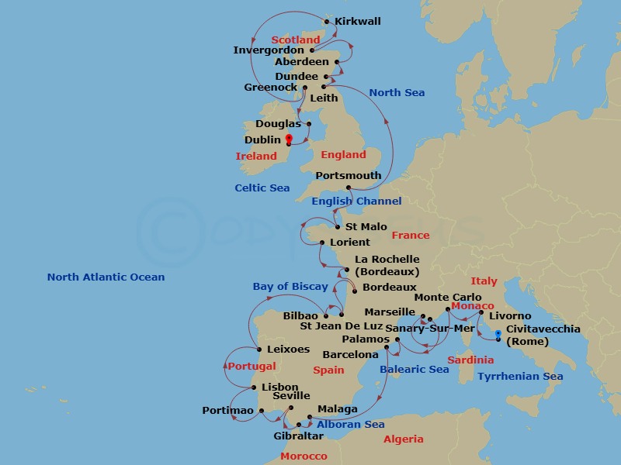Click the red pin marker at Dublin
tap(288, 139)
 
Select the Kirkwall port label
tap(359, 22)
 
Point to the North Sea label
tap(397, 93)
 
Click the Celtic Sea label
tap(262, 188)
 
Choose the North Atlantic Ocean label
tap(106, 277)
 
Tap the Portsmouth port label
tap(349, 176)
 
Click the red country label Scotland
tap(296, 40)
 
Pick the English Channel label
tap(356, 201)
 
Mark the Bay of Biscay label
tap(290, 287)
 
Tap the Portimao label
tap(227, 411)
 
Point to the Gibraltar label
tap(298, 436)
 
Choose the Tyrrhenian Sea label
tap(520, 377)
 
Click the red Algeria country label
tap(404, 439)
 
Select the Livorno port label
tap(510, 316)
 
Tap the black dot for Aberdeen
tap(336, 62)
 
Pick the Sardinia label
tap(470, 360)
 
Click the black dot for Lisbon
tap(254, 387)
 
